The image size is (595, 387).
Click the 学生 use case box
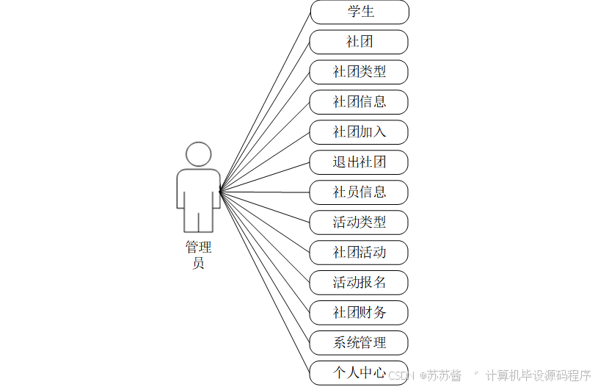359,12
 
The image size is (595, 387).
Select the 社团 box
359,42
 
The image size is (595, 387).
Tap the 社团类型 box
359,72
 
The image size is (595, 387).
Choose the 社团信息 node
359,102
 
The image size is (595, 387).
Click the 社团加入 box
359,132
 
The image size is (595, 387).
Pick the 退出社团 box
359,162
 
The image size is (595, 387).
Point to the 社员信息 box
359,192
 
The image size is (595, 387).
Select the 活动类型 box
359,222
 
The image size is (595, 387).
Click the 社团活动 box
359,253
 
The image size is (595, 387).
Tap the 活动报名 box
359,283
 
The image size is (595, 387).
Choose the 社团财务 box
359,313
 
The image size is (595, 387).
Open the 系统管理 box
359,343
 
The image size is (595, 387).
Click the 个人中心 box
359,372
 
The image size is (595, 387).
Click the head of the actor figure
198,154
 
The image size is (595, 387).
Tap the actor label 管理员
198,255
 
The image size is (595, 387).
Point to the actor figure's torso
198,187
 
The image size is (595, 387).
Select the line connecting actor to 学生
266,101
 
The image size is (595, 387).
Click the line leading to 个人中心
266,283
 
